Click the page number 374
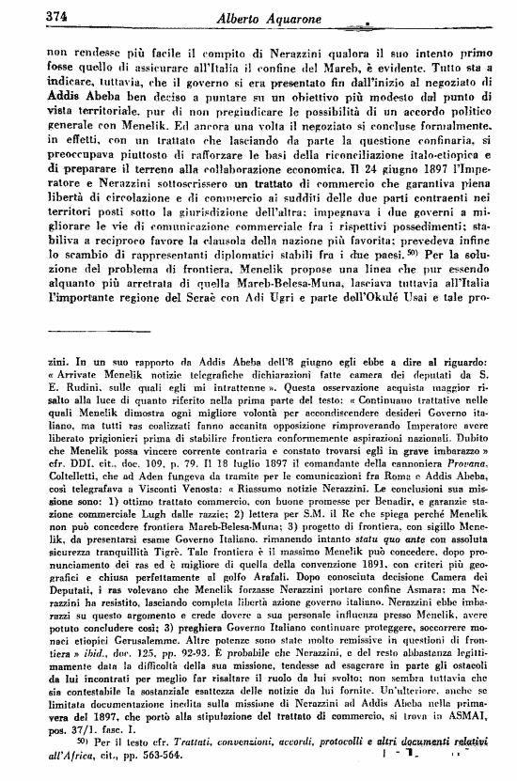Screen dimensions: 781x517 click(x=32, y=14)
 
